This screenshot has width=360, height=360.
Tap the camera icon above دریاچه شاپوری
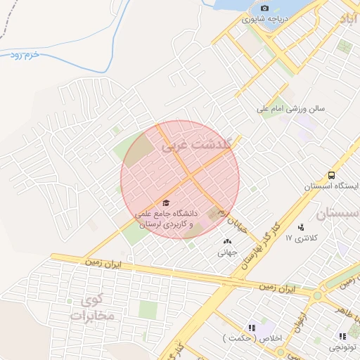[x=264, y=8]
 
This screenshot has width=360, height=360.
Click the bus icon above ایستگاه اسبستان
[x=330, y=176]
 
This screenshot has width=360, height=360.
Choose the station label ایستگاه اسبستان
[x=328, y=187]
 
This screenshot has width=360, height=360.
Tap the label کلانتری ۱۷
[x=302, y=238]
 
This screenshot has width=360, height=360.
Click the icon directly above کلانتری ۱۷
[x=302, y=227]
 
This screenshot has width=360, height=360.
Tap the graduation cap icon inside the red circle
[x=166, y=203]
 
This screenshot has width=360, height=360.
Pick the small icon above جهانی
[x=226, y=241]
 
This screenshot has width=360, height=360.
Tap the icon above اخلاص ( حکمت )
[x=251, y=328]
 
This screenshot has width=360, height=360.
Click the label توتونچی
[x=344, y=347]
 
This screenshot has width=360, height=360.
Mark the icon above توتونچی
[x=342, y=336]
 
